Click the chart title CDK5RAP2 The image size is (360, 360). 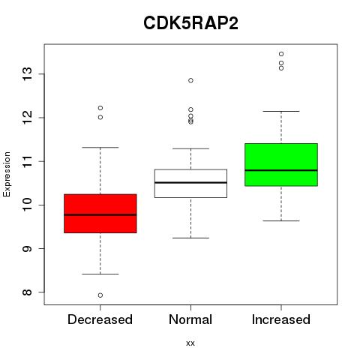(x=190, y=23)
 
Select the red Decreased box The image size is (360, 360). (x=100, y=214)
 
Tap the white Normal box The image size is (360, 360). (x=190, y=184)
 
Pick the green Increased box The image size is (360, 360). (x=281, y=165)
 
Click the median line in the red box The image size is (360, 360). (x=100, y=214)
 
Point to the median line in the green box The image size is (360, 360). (x=281, y=170)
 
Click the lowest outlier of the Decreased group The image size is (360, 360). (x=100, y=295)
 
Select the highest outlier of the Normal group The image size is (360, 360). (x=190, y=80)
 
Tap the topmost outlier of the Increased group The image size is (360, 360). (x=281, y=54)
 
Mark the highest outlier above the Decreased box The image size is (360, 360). (x=100, y=108)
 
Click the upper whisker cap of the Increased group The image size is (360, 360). (x=281, y=111)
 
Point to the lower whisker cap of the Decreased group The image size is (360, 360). (x=100, y=274)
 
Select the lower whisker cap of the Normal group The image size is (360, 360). (x=190, y=238)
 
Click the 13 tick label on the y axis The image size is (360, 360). (x=27, y=74)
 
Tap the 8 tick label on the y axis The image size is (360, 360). (x=27, y=292)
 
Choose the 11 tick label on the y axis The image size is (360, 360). (x=27, y=161)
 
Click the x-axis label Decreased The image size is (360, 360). (x=100, y=319)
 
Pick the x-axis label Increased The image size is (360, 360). (x=281, y=319)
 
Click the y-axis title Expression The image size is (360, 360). (x=7, y=174)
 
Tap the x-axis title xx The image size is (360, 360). (x=190, y=343)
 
